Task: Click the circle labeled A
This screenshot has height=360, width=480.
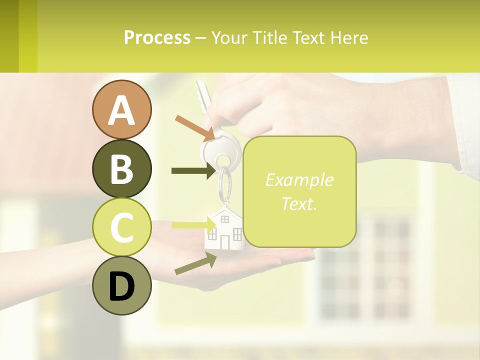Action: coord(121,109)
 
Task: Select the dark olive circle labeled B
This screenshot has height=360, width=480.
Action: coord(121,168)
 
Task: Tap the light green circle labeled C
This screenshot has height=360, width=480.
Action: coord(121,227)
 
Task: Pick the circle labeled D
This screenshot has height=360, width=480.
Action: coord(121,286)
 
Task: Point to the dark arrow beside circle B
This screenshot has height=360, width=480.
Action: coord(193,171)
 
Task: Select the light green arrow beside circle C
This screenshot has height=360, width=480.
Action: coord(192,224)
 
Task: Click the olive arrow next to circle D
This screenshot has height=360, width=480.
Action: coord(195,263)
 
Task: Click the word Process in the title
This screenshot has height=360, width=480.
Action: coord(157,38)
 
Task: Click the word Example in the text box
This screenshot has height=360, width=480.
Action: coord(299,180)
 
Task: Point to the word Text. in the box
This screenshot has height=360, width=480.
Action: coord(299,203)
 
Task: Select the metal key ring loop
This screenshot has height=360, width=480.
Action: coord(225,182)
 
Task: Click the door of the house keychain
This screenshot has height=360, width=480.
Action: coord(224,242)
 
